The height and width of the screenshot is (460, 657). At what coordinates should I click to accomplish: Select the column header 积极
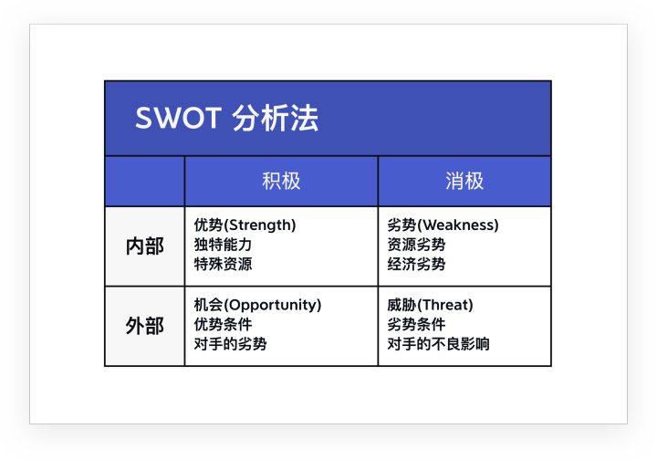pos(281,181)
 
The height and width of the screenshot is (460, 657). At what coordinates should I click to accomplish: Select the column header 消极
pos(464,181)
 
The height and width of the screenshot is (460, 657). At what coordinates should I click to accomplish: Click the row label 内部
pos(144,246)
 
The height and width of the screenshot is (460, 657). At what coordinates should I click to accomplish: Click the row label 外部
pos(144,326)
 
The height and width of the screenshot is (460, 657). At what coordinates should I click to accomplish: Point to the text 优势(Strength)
pos(245,225)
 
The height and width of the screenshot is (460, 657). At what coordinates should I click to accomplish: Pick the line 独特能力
pos(223,245)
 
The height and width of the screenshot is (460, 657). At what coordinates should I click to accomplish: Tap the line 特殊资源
pos(223,265)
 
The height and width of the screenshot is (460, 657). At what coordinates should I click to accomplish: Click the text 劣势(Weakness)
pos(443,225)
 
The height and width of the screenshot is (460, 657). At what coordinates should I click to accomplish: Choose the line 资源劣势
pos(416,245)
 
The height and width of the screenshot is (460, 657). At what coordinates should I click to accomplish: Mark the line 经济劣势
pos(416,265)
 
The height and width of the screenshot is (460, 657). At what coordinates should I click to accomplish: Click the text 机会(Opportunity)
pos(257,305)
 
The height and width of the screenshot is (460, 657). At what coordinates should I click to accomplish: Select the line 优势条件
pos(223,325)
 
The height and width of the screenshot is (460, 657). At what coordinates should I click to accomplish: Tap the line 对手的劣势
pos(230,345)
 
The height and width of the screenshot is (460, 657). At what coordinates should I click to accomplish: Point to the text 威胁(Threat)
pos(430,305)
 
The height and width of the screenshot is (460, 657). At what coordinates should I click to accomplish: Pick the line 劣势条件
pos(416,325)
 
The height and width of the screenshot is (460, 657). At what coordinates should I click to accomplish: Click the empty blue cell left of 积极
pos(144,181)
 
